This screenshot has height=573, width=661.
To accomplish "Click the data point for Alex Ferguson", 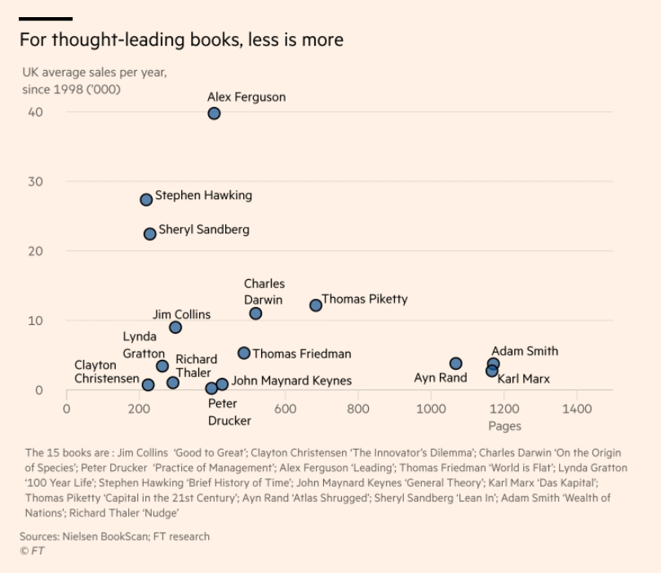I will (x=214, y=113).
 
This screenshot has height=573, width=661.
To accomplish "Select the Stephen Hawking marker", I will (x=146, y=199).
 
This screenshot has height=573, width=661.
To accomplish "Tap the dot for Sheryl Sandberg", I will (x=150, y=234).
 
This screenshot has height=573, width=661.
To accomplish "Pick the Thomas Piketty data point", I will (x=316, y=305).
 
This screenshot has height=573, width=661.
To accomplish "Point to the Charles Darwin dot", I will (x=255, y=313).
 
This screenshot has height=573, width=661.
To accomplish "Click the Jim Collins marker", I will (x=175, y=327).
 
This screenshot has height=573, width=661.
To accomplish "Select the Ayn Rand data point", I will (x=455, y=363).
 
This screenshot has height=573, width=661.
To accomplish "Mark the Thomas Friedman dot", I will (x=244, y=353).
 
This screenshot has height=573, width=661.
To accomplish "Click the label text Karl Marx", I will (x=523, y=379).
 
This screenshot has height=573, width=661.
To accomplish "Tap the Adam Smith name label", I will (x=524, y=351).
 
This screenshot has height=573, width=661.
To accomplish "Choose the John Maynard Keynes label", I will (x=291, y=380).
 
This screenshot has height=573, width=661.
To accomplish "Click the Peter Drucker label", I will (x=229, y=412).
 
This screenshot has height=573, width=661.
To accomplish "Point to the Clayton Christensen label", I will (x=106, y=371).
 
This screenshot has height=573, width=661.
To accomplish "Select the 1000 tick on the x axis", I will (x=431, y=409).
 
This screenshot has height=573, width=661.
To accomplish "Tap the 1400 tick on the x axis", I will (x=577, y=409).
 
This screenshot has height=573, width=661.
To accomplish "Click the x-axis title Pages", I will (x=504, y=426).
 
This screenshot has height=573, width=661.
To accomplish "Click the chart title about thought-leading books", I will (x=181, y=40).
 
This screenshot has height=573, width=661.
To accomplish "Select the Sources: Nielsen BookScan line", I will (x=114, y=536).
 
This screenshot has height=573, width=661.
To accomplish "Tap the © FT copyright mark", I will (x=33, y=551).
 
